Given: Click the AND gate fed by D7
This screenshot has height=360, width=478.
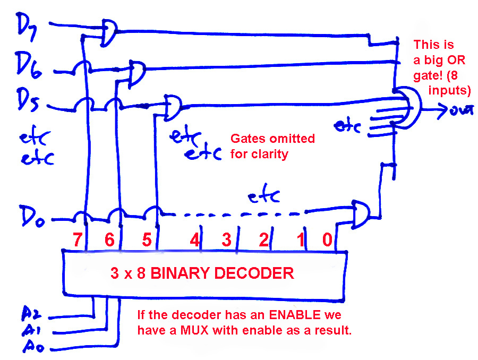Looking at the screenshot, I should point(109,32).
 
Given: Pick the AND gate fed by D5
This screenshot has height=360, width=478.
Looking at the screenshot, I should point(173,106).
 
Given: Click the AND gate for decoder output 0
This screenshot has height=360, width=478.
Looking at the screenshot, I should point(361,213).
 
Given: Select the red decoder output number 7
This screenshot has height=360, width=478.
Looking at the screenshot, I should point(78,240).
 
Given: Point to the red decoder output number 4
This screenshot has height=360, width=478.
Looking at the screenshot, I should point(195,240).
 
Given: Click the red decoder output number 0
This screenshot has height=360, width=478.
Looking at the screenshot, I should point(328,240).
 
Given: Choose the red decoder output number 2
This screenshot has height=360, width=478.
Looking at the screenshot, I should point(263,240).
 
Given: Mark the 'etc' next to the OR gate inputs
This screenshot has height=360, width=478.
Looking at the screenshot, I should point(348,126).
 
